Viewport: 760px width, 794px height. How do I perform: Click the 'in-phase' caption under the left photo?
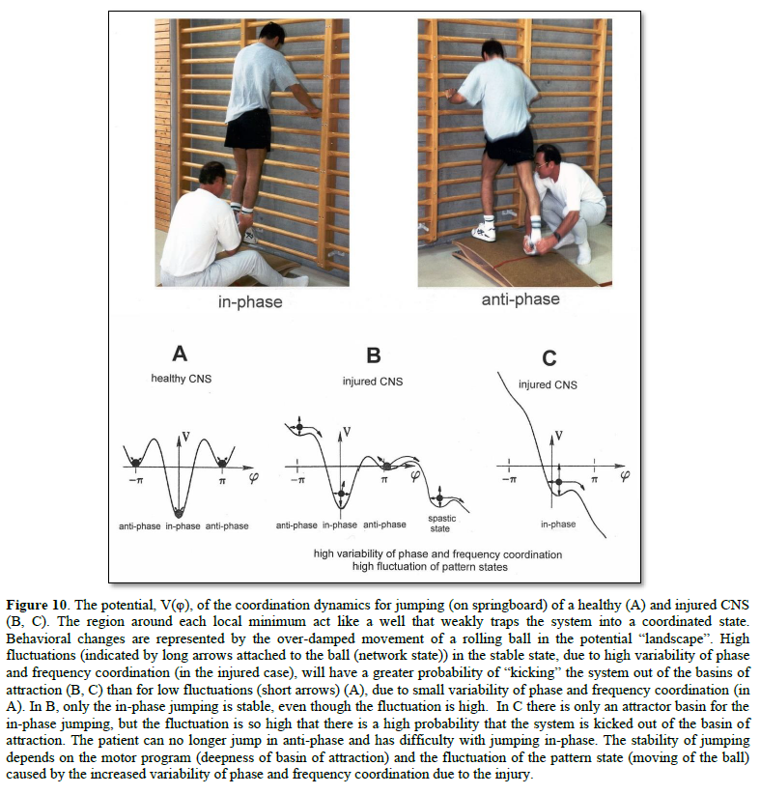[249, 302]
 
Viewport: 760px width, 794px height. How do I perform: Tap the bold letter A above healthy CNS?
[179, 354]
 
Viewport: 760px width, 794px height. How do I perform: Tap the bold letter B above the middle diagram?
[374, 354]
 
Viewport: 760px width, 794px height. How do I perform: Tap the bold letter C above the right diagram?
[549, 358]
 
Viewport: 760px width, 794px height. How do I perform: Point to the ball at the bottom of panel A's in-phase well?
[177, 511]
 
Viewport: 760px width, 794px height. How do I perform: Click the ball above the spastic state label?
[440, 496]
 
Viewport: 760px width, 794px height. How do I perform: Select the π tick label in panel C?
[594, 478]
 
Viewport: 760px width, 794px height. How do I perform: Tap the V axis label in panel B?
[347, 431]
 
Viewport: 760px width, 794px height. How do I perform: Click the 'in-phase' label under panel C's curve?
[557, 524]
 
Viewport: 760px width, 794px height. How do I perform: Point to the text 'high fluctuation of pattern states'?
[437, 567]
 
